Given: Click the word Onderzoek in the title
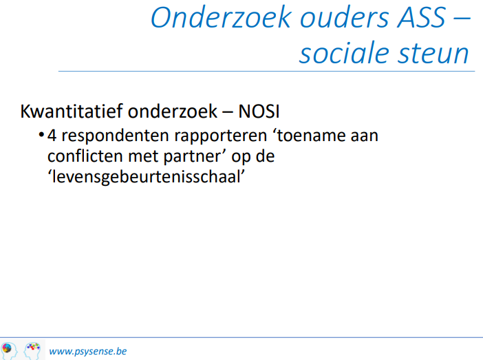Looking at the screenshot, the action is tap(221, 17).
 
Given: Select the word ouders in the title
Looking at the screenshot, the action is tap(345, 17).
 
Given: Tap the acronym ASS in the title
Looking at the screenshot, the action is tap(421, 17).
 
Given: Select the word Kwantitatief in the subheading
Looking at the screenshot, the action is tap(72, 111).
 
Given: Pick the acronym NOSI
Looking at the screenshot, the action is tap(259, 112).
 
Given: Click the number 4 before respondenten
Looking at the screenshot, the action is tap(52, 136).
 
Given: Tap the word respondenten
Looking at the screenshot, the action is tap(116, 136).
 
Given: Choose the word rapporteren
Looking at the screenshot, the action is tap(221, 136).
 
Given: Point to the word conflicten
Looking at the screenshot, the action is tap(85, 156).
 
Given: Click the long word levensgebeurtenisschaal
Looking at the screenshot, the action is tap(147, 177).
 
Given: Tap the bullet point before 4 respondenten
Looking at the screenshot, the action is tap(41, 135).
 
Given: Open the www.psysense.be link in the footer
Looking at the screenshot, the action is tap(88, 351).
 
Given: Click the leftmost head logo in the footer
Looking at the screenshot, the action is tap(9, 350).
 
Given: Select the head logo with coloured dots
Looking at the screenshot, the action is tap(32, 350).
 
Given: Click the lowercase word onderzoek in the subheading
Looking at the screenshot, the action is tap(173, 111).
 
